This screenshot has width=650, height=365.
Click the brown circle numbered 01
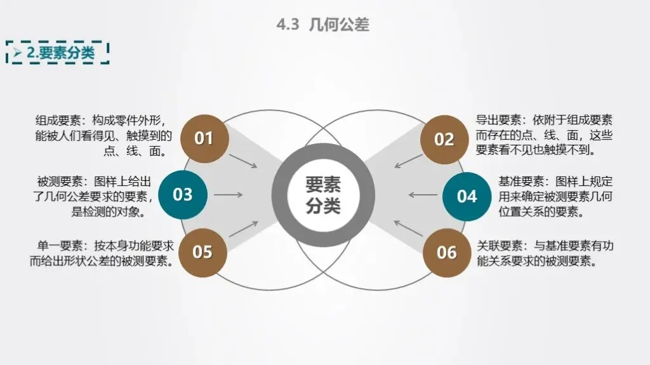click(204, 138)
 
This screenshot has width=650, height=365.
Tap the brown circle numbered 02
click(444, 140)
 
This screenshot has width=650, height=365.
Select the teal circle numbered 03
click(183, 194)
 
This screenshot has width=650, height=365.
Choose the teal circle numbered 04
click(467, 196)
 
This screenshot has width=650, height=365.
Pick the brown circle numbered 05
click(202, 252)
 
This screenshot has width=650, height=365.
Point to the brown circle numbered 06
click(447, 253)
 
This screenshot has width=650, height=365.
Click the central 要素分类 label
click(323, 195)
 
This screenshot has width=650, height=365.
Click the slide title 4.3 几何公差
click(323, 25)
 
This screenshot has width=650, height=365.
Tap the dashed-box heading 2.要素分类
click(60, 53)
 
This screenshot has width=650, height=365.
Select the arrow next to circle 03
click(229, 194)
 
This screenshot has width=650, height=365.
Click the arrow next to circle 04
click(423, 194)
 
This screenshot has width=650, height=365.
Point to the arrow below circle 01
click(243, 161)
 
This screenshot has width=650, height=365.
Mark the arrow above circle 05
click(243, 229)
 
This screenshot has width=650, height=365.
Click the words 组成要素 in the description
click(58, 120)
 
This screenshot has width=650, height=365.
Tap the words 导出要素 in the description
click(498, 120)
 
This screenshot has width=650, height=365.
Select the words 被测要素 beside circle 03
click(60, 182)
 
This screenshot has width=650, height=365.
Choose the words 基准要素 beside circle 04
click(521, 182)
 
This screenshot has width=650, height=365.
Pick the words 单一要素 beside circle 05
click(60, 246)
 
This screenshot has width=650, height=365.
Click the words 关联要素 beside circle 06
click(500, 246)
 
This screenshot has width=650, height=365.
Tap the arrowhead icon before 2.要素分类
click(17, 53)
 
